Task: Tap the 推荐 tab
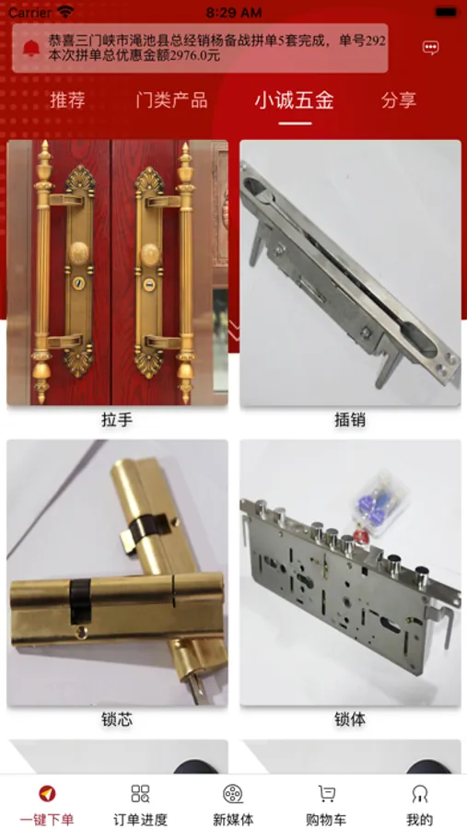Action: coord(67,99)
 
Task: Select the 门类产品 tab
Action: coord(171,99)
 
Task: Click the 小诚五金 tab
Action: coord(295,99)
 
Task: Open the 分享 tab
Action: coord(399,99)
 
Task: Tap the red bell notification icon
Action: coord(31,48)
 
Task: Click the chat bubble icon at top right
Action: coord(430,48)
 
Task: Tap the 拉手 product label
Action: coord(117,420)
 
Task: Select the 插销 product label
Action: coord(350,420)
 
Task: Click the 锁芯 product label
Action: coord(117,719)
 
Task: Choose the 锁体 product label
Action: coord(350,719)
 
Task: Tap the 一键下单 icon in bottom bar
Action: coord(47,794)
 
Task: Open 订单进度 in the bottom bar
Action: coord(140,794)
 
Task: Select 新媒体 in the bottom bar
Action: coord(233,794)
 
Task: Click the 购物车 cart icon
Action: coord(326,794)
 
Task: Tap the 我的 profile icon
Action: coord(420,794)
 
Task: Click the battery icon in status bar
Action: coord(447,12)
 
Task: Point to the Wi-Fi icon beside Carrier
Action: coord(65,12)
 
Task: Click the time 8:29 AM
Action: coord(233,12)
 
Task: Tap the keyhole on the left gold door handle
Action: coord(78,283)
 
